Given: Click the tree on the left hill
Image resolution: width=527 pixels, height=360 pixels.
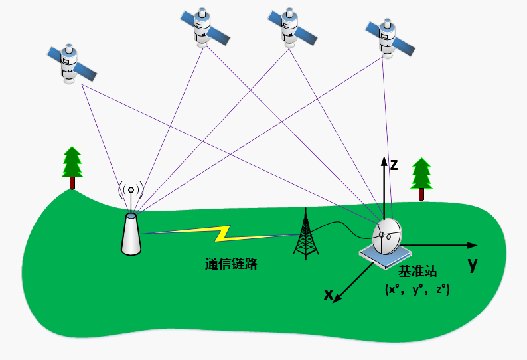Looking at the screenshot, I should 72,167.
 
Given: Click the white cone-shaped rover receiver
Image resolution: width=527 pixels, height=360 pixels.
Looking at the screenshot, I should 131,233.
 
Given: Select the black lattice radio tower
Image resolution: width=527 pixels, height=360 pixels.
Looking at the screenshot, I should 305,235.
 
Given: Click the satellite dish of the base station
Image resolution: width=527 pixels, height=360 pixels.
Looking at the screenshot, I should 387,236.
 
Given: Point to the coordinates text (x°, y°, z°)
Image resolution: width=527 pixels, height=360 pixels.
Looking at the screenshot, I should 417,290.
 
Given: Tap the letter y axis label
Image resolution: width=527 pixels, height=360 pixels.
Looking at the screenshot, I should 472,264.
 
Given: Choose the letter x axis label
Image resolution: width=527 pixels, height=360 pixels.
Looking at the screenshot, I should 328,294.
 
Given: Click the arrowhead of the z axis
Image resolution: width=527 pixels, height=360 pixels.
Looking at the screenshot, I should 383,159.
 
